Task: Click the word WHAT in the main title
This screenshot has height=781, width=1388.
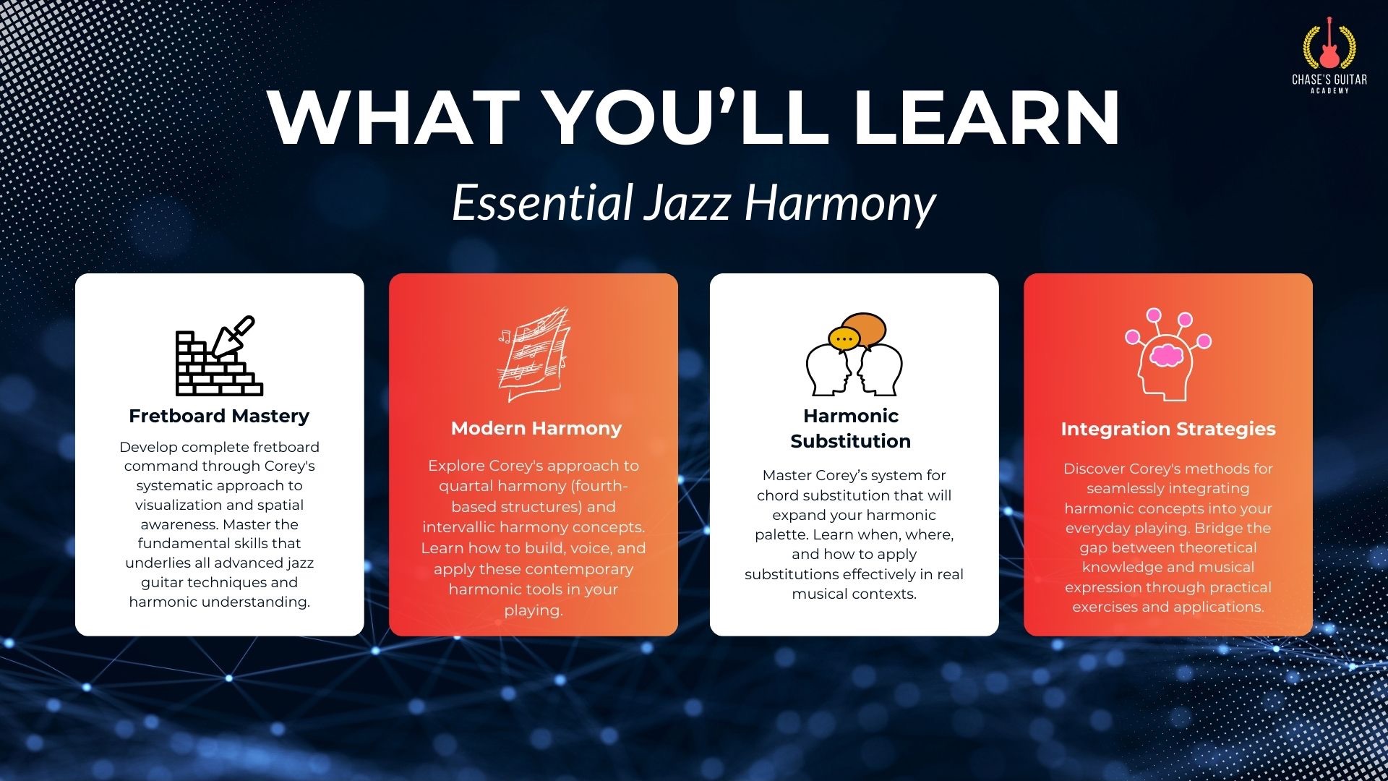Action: click(393, 118)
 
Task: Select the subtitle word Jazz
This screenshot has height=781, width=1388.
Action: click(687, 203)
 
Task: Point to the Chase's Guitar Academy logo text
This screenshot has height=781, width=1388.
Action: click(1329, 83)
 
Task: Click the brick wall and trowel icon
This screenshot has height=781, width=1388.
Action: click(219, 356)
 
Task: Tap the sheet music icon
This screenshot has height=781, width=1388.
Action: click(534, 354)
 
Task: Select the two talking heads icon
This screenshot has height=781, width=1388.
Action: click(854, 354)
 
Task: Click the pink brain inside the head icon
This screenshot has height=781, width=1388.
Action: click(1165, 355)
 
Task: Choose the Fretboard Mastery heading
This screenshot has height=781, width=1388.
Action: click(219, 416)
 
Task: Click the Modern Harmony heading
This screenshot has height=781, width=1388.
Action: click(536, 428)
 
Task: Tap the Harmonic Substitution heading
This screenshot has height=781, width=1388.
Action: click(851, 428)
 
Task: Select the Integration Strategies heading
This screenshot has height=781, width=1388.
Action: click(1168, 429)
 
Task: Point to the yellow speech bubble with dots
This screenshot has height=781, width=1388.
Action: click(844, 338)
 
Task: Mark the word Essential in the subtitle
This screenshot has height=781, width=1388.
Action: click(543, 202)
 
